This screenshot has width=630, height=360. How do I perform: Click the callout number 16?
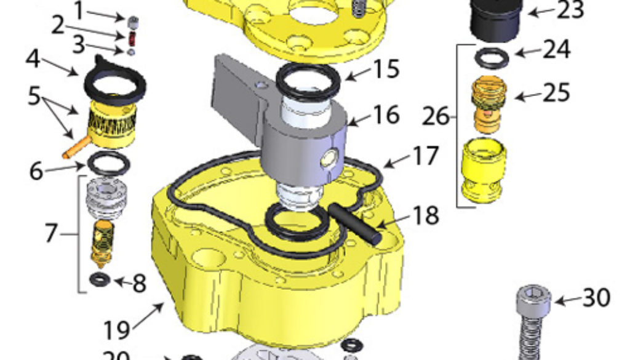click(x=386, y=114)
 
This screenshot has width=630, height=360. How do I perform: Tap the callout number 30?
click(x=595, y=298)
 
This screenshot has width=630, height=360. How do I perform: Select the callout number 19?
click(x=117, y=330)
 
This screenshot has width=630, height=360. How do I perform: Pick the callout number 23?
click(x=570, y=10)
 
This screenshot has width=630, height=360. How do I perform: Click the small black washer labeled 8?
click(x=98, y=280)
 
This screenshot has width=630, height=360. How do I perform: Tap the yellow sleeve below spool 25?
click(x=484, y=170)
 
